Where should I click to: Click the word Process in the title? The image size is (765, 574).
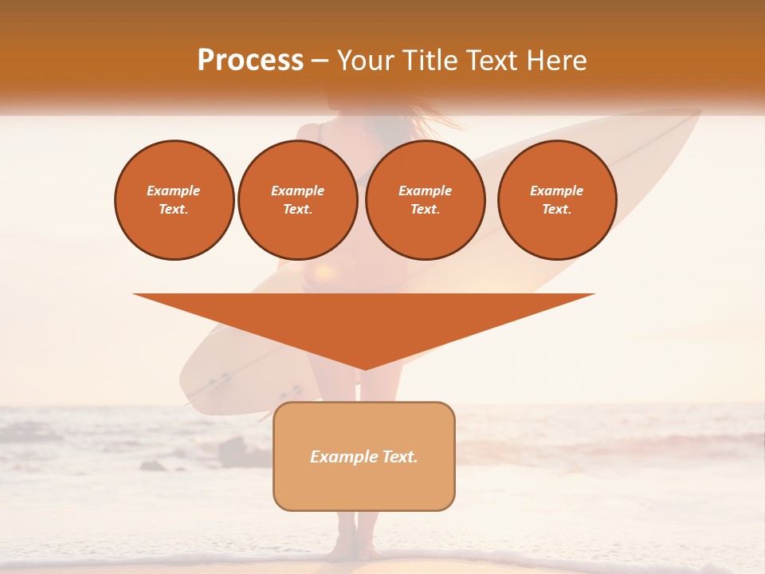(250, 61)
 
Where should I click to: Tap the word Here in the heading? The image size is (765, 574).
(558, 61)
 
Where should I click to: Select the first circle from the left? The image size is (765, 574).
(175, 200)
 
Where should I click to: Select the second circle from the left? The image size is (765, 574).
(297, 200)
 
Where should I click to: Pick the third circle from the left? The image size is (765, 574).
(425, 200)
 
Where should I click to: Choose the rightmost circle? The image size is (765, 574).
(557, 200)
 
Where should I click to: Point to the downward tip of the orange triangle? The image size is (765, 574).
(364, 368)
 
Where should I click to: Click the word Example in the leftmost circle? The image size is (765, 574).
(174, 191)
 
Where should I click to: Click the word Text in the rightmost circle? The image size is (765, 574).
(556, 209)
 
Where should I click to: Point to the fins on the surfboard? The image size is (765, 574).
(215, 383)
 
